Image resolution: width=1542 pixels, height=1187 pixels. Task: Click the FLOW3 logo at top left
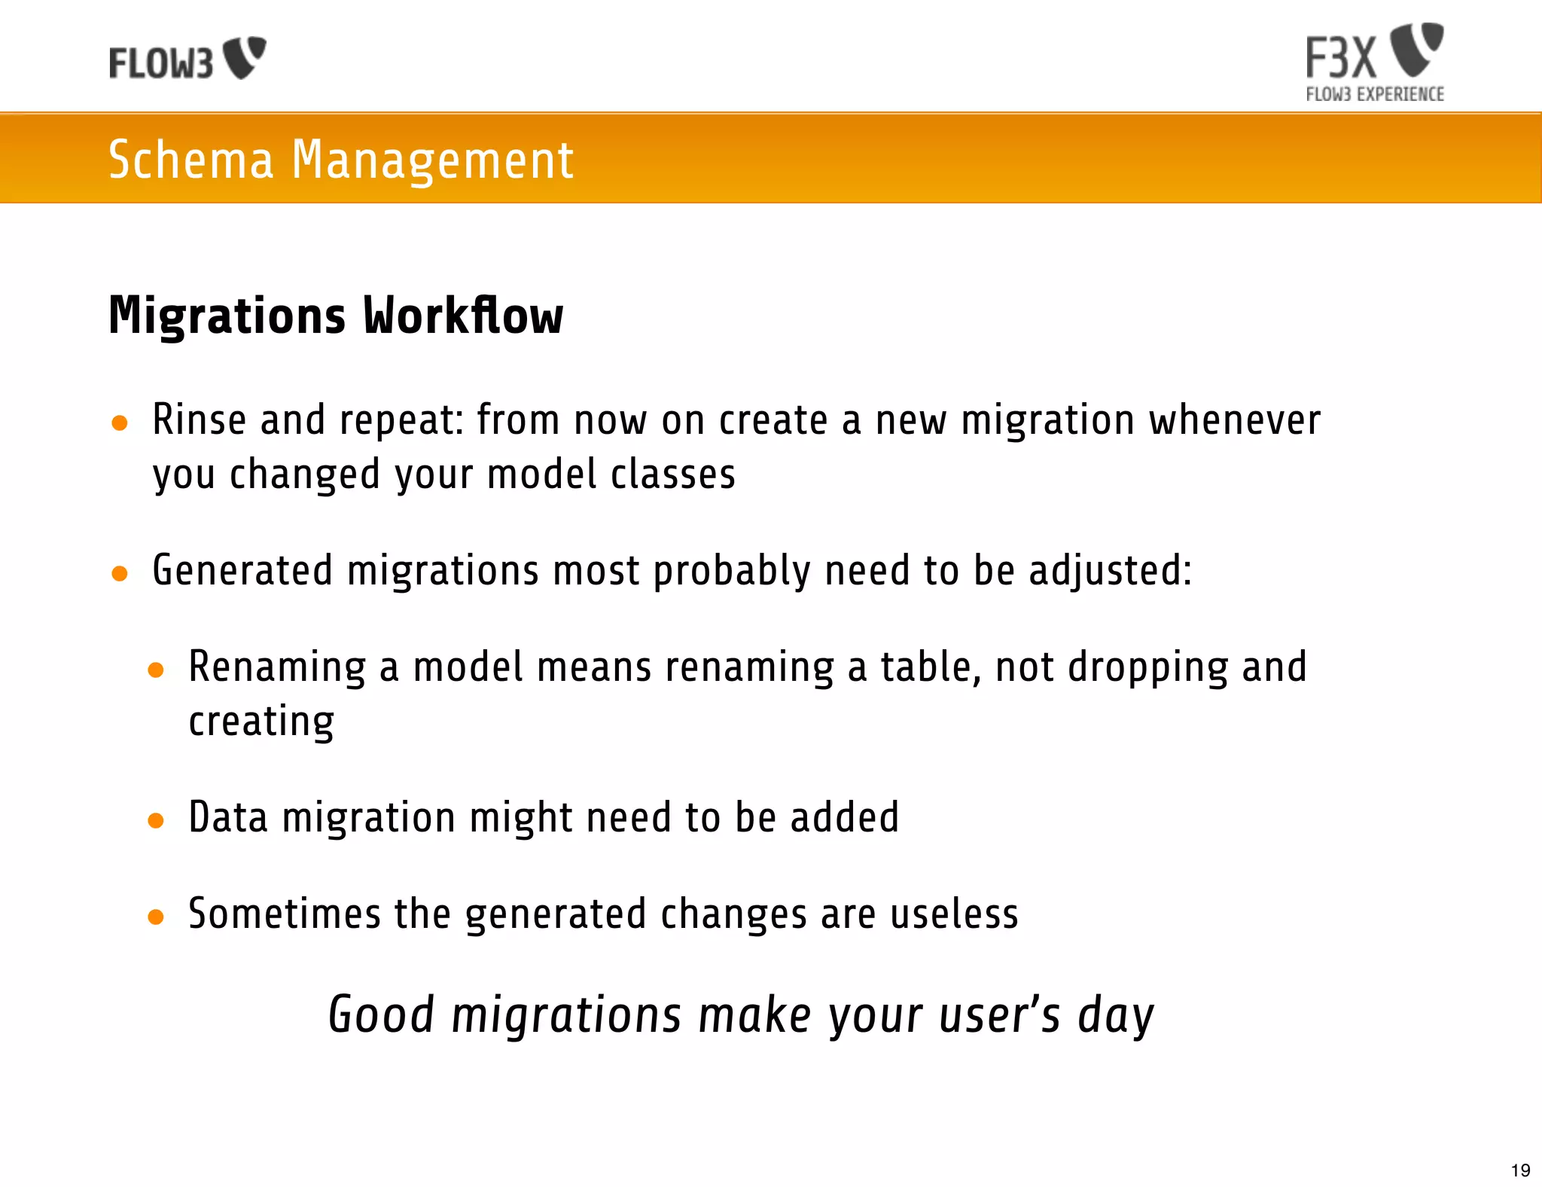[x=187, y=60]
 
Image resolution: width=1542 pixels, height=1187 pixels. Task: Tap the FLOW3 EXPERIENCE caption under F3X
[x=1374, y=94]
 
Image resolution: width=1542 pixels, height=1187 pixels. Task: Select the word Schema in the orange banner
[x=191, y=160]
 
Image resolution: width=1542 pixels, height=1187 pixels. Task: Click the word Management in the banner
[x=432, y=160]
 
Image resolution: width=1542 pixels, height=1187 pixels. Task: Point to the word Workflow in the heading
[x=463, y=316]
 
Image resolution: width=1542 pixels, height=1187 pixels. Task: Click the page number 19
[x=1520, y=1170]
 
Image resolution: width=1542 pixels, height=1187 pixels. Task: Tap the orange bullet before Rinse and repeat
[x=119, y=423]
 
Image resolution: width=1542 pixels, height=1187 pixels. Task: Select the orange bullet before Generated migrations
[x=119, y=575]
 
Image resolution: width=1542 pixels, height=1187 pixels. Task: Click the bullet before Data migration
[x=156, y=821]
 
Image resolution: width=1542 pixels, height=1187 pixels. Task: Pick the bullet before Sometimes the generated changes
[x=156, y=917]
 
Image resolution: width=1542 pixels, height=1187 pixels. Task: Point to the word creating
[x=261, y=722]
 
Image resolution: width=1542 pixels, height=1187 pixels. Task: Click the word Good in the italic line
[x=381, y=1015]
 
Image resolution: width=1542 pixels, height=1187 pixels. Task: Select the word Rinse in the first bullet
[x=199, y=420]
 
